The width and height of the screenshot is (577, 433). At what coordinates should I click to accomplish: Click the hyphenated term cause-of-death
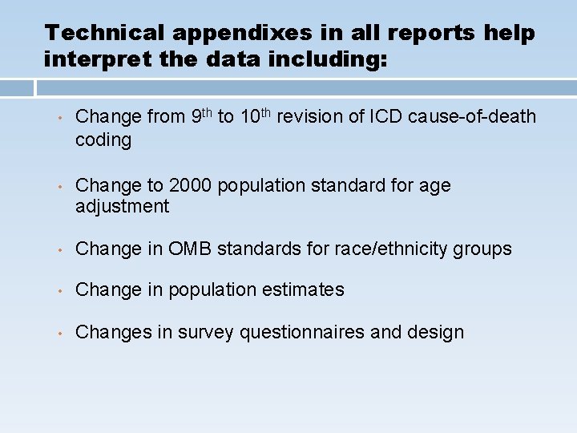pyautogui.click(x=472, y=117)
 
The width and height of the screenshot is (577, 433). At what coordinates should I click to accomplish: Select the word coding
pyautogui.click(x=103, y=140)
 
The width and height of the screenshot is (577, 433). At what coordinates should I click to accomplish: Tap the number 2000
pyautogui.click(x=190, y=185)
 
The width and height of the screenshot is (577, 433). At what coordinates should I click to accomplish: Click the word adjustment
pyautogui.click(x=122, y=207)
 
